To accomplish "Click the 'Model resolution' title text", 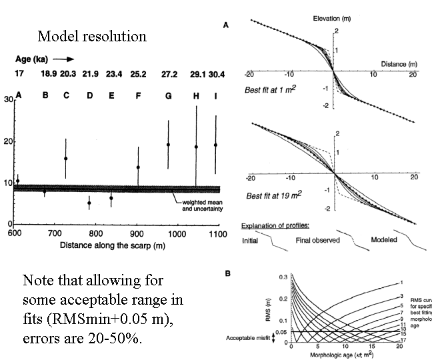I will (x=92, y=35).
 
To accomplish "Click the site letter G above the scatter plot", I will (x=169, y=95).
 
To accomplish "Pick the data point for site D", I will (x=89, y=203).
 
